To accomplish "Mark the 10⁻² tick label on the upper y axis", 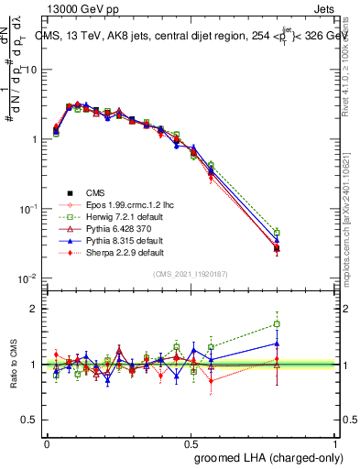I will click(x=27, y=278).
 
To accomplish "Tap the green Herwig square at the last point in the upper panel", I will click(x=277, y=233).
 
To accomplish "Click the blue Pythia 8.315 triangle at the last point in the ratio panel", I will click(x=277, y=344).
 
